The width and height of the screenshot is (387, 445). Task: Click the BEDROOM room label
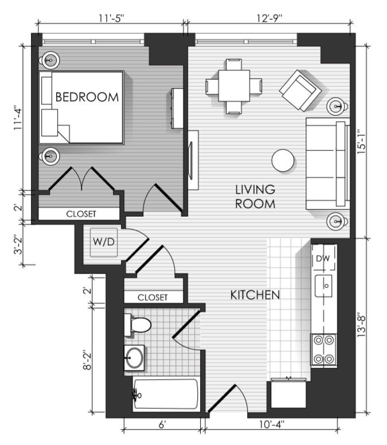87,97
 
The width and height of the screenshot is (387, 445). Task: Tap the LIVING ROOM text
255,197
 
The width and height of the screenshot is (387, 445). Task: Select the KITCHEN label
255,295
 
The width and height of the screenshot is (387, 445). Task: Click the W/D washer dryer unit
104,243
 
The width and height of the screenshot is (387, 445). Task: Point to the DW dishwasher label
323,259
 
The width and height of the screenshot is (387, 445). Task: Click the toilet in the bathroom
138,325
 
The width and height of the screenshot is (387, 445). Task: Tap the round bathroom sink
134,358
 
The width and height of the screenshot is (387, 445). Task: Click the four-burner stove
324,349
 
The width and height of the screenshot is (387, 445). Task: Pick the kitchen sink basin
323,286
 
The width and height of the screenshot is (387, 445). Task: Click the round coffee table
283,161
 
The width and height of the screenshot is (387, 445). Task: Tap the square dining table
234,85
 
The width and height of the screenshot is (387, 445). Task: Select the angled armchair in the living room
300,91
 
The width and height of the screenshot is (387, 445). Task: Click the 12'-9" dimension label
269,18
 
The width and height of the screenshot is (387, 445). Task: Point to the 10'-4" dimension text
272,424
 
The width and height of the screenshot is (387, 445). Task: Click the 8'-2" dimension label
87,361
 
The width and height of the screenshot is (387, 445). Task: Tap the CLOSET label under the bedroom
81,214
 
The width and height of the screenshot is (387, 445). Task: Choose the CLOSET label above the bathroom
153,298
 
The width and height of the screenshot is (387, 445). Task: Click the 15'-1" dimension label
361,142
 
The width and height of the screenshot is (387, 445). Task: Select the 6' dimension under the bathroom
162,424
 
